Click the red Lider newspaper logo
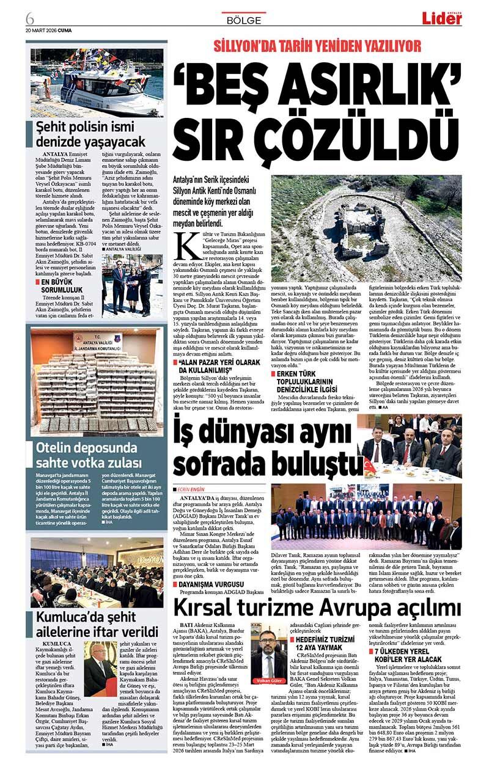click(441, 18)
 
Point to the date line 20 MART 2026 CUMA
click(48, 29)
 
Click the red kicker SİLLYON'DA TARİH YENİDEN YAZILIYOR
click(317, 46)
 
